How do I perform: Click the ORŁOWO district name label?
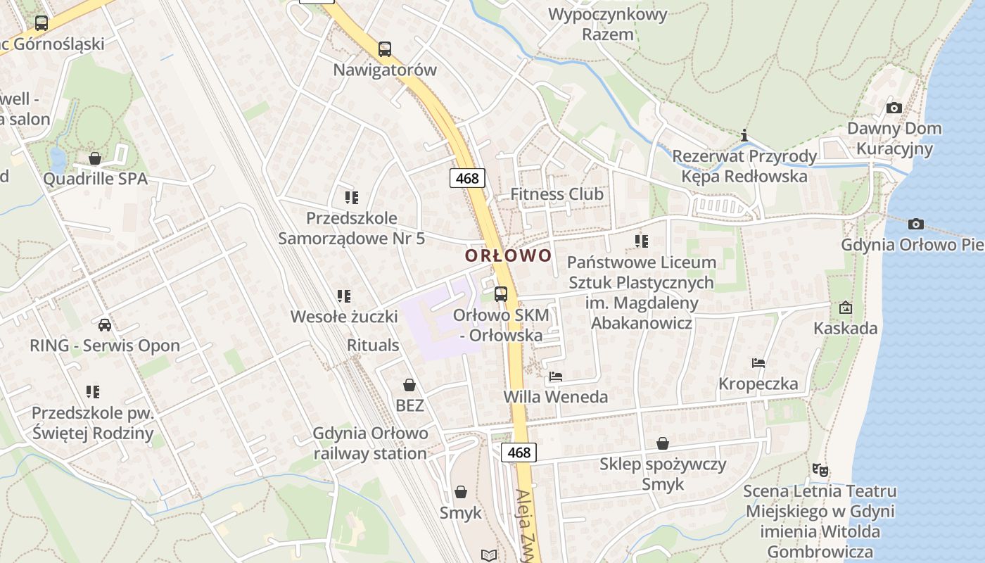pyautogui.click(x=508, y=255)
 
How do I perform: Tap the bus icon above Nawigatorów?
pyautogui.click(x=384, y=49)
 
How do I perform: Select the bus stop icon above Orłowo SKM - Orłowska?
pyautogui.click(x=501, y=294)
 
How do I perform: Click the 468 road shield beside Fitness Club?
pyautogui.click(x=467, y=179)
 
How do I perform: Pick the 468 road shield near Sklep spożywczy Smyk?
pyautogui.click(x=519, y=453)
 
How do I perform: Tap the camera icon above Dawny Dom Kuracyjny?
pyautogui.click(x=894, y=108)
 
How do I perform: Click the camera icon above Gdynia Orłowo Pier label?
pyautogui.click(x=915, y=224)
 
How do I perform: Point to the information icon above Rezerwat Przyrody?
pyautogui.click(x=744, y=135)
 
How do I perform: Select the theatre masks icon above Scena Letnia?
pyautogui.click(x=820, y=469)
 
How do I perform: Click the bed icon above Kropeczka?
pyautogui.click(x=758, y=363)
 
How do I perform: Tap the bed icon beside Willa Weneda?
pyautogui.click(x=556, y=377)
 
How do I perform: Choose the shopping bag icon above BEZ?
pyautogui.click(x=409, y=385)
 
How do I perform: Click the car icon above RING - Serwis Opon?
pyautogui.click(x=105, y=324)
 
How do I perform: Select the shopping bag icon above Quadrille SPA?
pyautogui.click(x=95, y=158)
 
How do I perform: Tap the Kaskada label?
pyautogui.click(x=845, y=328)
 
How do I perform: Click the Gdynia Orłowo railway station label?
pyautogui.click(x=370, y=443)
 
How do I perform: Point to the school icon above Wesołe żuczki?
pyautogui.click(x=343, y=296)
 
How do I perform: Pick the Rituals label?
pyautogui.click(x=373, y=345)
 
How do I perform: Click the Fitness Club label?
pyautogui.click(x=557, y=194)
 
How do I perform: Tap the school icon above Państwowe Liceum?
pyautogui.click(x=641, y=241)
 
